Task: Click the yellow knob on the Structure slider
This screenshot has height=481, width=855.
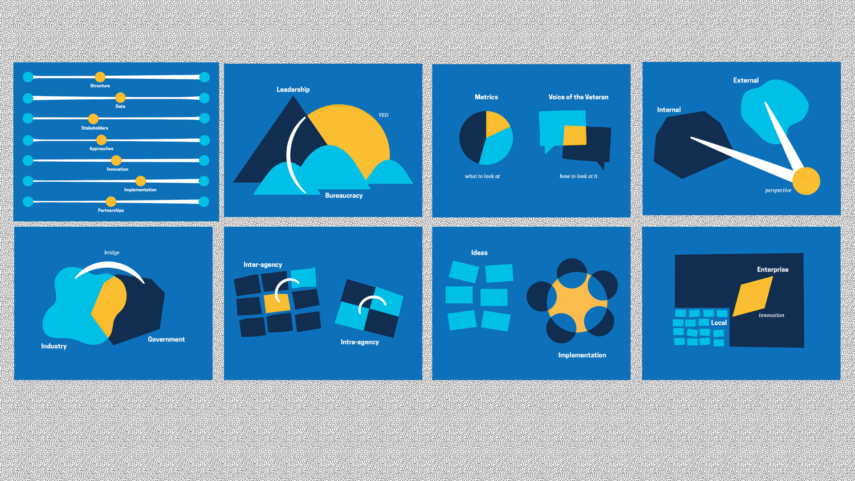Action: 100,77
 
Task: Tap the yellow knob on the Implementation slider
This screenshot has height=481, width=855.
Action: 141,181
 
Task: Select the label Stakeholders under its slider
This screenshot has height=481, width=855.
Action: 94,128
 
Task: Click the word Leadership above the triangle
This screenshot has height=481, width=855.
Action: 293,90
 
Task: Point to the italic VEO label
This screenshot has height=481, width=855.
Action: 383,115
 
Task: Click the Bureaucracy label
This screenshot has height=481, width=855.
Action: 344,196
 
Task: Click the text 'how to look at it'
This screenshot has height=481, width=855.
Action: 578,176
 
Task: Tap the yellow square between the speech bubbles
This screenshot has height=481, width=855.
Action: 575,135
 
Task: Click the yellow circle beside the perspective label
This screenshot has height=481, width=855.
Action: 806,181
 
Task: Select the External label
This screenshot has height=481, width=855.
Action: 746,81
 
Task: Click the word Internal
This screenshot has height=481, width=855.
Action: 669,110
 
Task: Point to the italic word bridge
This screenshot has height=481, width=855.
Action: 112,253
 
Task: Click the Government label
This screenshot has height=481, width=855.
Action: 166,339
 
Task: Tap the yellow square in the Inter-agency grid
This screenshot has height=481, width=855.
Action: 277,303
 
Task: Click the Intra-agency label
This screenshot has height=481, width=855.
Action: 360,342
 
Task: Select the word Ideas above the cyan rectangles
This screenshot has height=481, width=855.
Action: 479,253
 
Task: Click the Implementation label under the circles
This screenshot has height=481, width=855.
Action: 582,355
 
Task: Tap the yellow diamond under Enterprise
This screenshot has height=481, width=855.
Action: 753,297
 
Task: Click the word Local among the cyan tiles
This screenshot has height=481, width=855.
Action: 719,323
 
